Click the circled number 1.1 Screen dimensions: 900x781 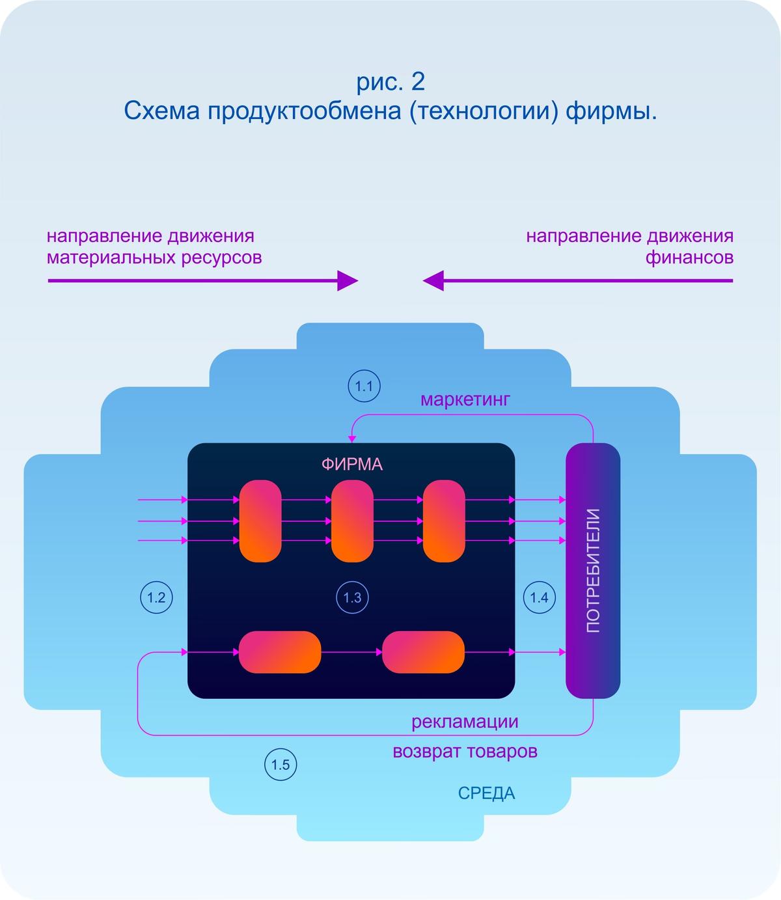[x=364, y=386]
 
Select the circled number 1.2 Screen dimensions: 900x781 [x=156, y=597]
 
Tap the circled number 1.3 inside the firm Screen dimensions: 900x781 [x=352, y=597]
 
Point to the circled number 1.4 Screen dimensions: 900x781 [x=539, y=597]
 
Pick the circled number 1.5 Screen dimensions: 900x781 [x=281, y=765]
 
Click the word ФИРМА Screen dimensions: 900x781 [x=351, y=464]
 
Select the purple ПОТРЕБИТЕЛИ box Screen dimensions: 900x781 [x=592, y=570]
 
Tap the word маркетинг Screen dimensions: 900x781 [x=465, y=399]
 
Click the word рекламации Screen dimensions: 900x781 [x=465, y=721]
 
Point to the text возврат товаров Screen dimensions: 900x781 [x=465, y=752]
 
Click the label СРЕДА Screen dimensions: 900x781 [x=486, y=793]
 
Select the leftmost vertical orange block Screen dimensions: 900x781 [x=260, y=521]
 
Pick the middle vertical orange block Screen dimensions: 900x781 [x=352, y=521]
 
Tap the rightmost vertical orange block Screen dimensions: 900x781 [x=444, y=521]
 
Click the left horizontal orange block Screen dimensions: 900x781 [x=280, y=652]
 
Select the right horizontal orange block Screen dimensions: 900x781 [x=423, y=652]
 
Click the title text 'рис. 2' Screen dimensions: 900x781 [x=390, y=82]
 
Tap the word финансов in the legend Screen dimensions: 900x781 [x=689, y=258]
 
